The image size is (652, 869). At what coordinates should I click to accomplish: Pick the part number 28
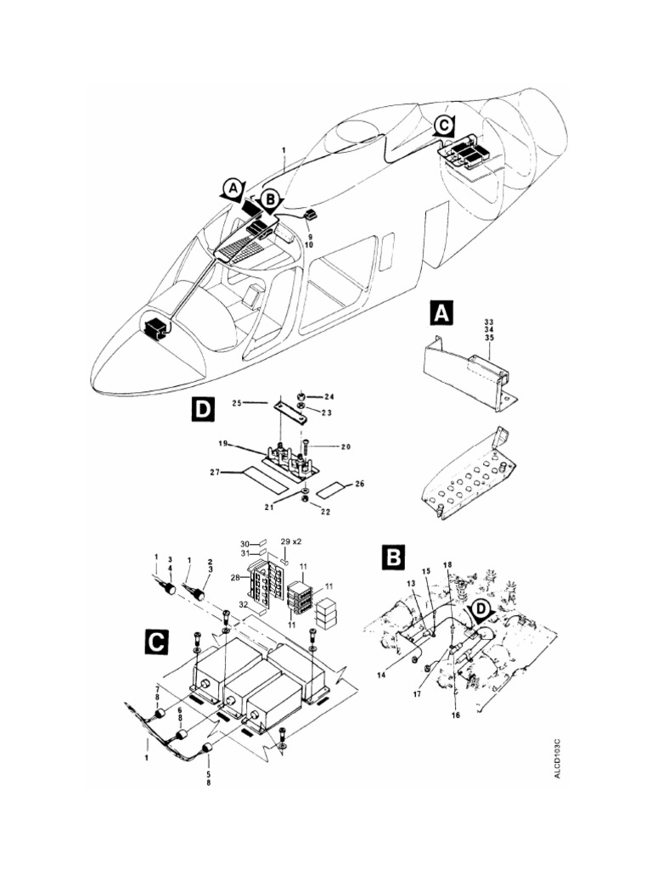pos(233,579)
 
